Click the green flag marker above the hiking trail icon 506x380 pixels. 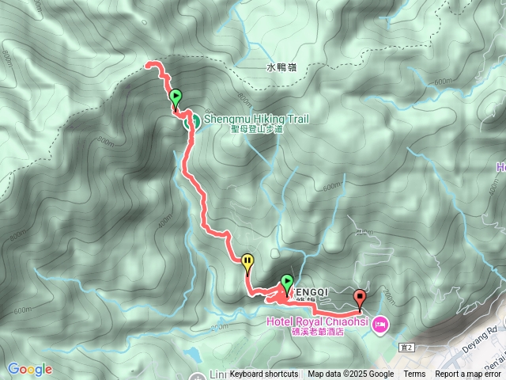click(176, 97)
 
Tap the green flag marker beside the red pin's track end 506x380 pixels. click(287, 282)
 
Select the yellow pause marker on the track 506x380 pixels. click(247, 260)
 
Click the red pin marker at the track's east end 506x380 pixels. click(361, 298)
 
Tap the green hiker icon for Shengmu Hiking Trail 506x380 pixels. click(191, 121)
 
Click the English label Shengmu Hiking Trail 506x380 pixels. click(255, 120)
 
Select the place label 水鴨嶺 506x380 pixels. click(281, 68)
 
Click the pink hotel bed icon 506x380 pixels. click(379, 323)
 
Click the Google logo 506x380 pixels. click(30, 369)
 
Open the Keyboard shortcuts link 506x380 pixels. click(264, 374)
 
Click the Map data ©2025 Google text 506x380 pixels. click(350, 374)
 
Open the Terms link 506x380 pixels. click(414, 374)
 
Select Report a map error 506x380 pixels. click(468, 374)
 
